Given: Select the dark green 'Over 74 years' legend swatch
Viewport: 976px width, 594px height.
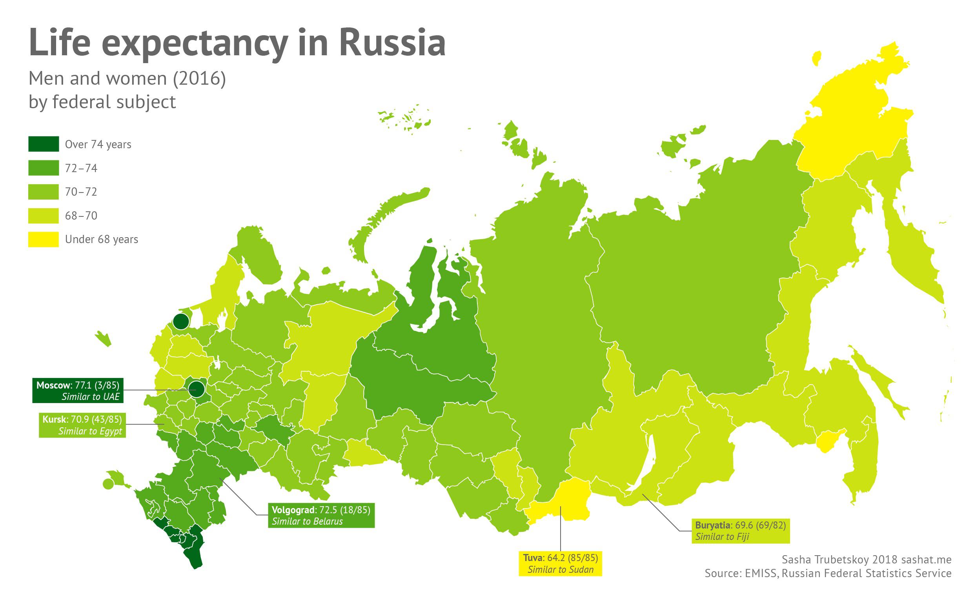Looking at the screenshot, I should [44, 144].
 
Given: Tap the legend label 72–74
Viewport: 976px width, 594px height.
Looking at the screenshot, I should [81, 168].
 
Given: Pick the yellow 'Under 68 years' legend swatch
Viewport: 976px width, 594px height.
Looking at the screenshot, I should [44, 239].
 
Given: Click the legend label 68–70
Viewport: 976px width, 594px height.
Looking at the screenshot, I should [81, 216].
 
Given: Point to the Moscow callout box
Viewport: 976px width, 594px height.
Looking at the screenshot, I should [78, 391].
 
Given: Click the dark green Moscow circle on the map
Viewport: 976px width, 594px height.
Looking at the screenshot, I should [196, 390].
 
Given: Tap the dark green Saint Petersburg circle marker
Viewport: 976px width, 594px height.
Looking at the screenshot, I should [180, 321].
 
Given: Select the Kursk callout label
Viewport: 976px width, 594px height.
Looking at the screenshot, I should [82, 425].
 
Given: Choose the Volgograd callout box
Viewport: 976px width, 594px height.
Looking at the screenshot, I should [321, 515].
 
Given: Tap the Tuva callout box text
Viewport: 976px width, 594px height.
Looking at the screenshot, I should [560, 558].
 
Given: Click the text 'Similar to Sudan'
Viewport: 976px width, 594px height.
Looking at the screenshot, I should [560, 569].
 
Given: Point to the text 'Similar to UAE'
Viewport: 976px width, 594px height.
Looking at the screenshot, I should [90, 396].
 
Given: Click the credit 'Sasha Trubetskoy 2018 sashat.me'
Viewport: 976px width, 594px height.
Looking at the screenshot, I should [866, 559].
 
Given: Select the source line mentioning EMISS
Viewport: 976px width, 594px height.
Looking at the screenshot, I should [827, 573].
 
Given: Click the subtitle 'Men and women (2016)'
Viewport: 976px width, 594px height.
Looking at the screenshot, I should [127, 78].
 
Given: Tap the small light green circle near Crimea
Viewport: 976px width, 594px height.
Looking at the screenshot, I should [107, 483].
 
